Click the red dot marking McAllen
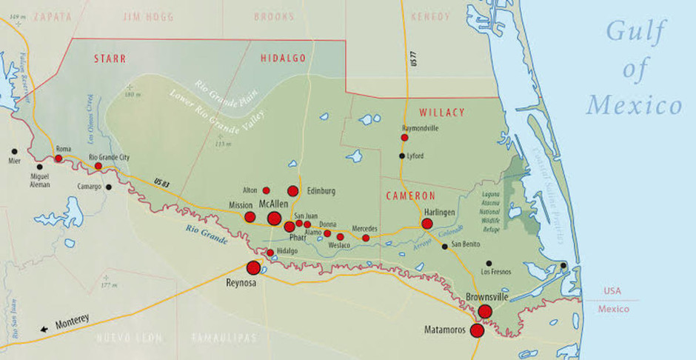[x=274, y=218]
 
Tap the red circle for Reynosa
[x=253, y=267]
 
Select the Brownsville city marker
[x=485, y=311]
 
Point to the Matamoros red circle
[x=477, y=330]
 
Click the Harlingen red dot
[x=427, y=224]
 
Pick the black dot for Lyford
[x=402, y=156]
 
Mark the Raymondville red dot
[x=404, y=137]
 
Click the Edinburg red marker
[x=292, y=191]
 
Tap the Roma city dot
[x=58, y=158]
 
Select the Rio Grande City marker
[x=98, y=166]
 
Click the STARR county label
[x=110, y=58]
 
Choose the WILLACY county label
[x=441, y=113]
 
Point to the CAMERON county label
[x=410, y=196]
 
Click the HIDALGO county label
[x=283, y=58]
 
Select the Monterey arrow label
[x=65, y=323]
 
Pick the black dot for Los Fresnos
[x=489, y=263]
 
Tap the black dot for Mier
[x=14, y=151]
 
